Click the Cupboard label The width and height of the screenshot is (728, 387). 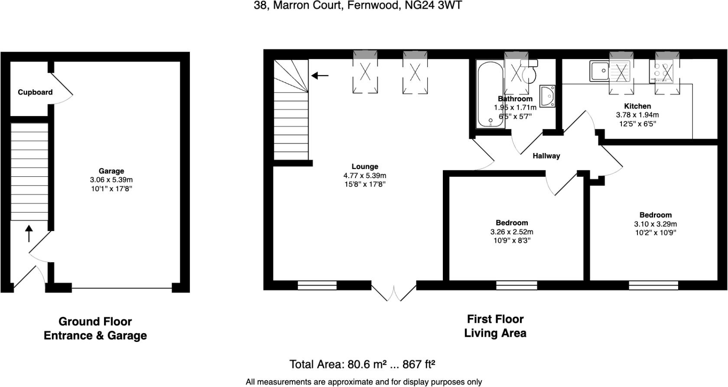(35, 92)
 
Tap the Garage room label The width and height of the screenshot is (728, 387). (111, 171)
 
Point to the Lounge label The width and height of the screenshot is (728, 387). (365, 167)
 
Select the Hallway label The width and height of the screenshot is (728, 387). (546, 156)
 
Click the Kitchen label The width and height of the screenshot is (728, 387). (638, 106)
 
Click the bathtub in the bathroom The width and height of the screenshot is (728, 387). (491, 94)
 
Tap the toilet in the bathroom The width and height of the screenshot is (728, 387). (529, 71)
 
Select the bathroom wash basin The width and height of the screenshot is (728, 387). (548, 96)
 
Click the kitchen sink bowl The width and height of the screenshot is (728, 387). (600, 71)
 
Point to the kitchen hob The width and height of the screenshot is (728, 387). (661, 72)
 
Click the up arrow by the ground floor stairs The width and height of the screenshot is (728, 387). (29, 234)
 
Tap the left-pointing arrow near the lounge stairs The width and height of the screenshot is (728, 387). (320, 76)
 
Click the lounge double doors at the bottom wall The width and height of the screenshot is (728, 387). (394, 293)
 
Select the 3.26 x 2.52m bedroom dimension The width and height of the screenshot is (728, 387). (512, 232)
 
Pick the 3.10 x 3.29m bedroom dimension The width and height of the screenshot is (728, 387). (656, 224)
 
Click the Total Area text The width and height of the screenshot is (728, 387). (362, 364)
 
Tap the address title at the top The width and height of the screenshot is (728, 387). (358, 6)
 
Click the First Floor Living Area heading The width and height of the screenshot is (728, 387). (495, 326)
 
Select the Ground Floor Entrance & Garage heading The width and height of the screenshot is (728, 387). (95, 328)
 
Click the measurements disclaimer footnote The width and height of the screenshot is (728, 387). (364, 382)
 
